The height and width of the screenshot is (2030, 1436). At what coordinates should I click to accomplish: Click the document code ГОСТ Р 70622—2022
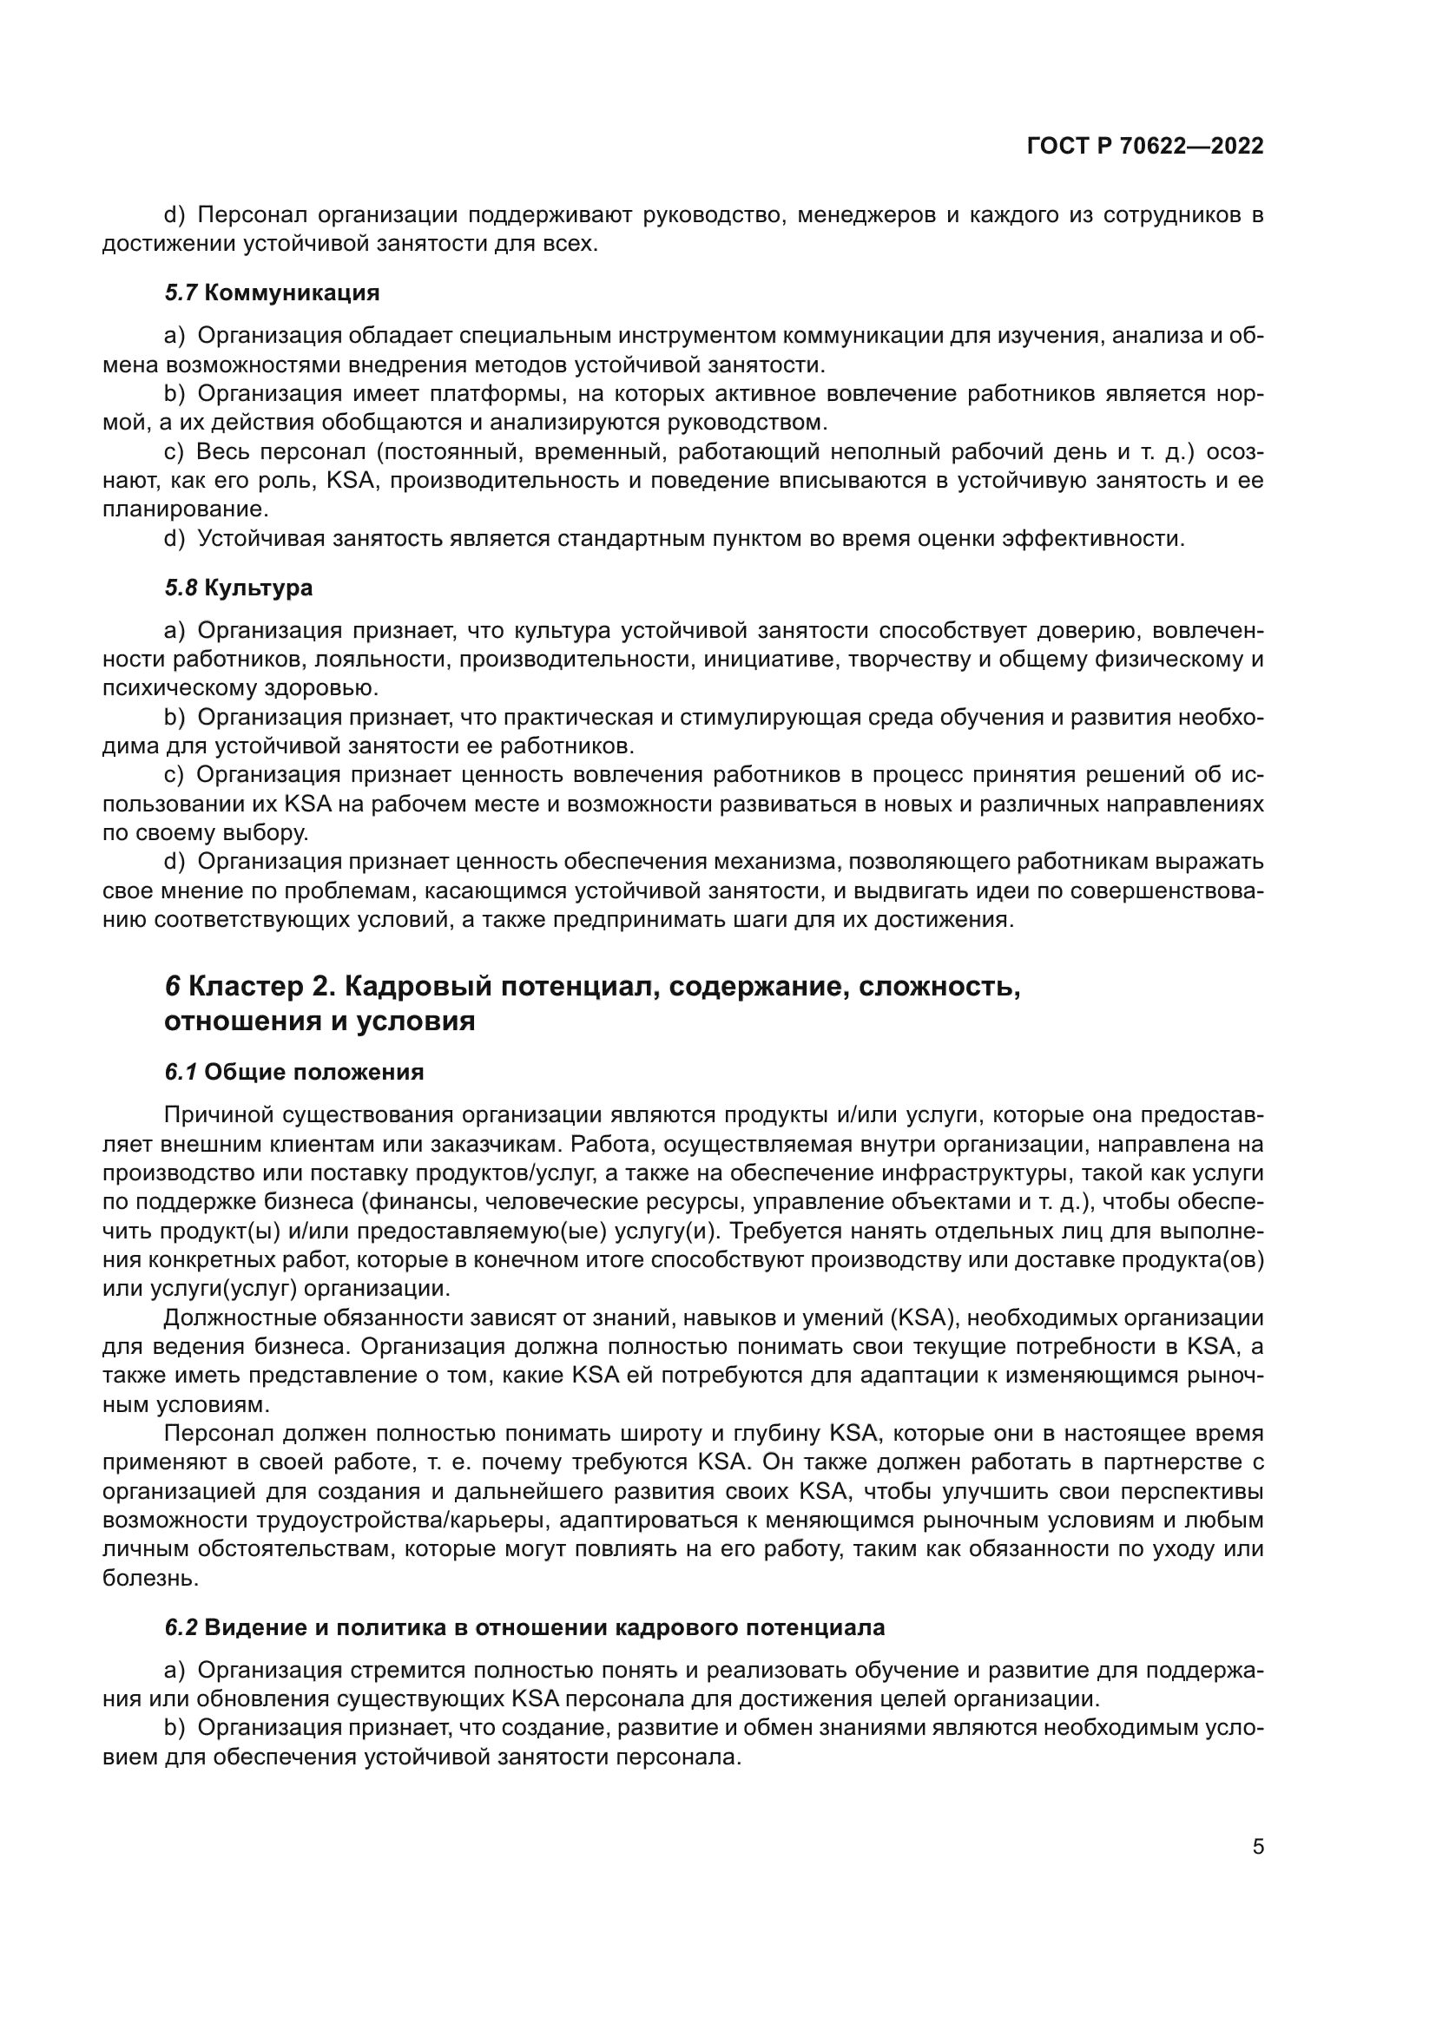(1145, 146)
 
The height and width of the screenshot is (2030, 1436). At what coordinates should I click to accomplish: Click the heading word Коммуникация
(292, 292)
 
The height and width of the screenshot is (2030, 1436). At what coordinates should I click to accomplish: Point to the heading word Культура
(258, 588)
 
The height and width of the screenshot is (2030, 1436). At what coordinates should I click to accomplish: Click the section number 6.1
(181, 1073)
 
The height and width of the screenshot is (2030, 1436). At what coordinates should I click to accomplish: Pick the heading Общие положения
(314, 1073)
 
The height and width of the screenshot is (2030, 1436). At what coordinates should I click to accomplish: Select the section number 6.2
(182, 1627)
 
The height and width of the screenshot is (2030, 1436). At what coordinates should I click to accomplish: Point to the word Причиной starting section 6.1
(219, 1116)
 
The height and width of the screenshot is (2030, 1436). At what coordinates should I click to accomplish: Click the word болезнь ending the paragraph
(149, 1578)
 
